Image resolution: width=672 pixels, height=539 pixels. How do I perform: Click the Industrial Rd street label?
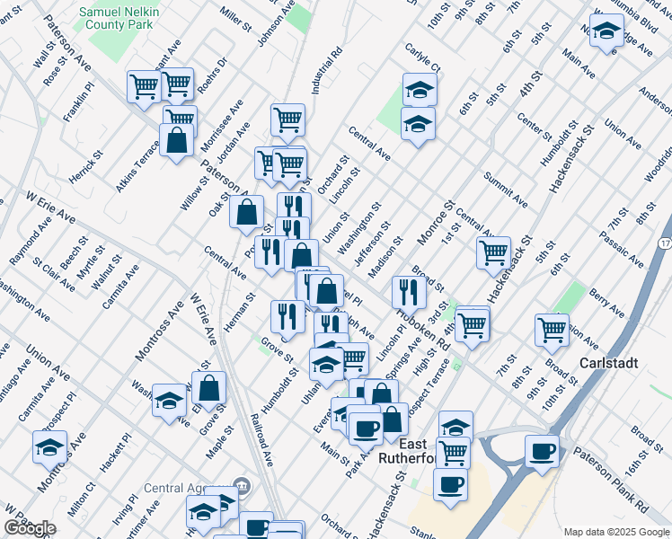click(x=329, y=69)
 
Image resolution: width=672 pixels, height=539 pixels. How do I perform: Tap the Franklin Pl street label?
click(x=78, y=103)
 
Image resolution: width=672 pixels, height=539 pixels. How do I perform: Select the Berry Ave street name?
click(x=606, y=299)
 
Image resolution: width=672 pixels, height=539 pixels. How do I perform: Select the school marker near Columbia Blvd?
click(x=607, y=31)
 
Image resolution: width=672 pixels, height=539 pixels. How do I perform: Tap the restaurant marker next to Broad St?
click(x=409, y=291)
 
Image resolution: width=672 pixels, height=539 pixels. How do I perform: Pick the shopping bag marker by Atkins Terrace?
click(x=175, y=140)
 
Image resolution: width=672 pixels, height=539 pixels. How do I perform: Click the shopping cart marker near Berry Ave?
click(x=552, y=330)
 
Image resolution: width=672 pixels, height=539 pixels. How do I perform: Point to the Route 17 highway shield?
click(x=663, y=243)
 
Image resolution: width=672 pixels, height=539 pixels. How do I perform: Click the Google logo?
click(x=31, y=528)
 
